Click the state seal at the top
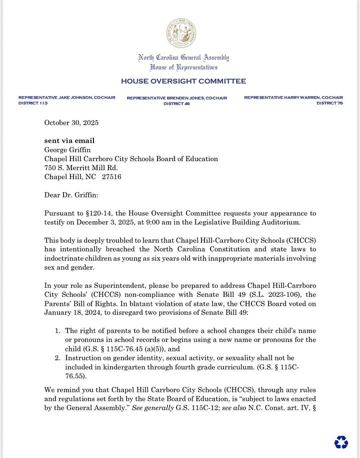point(181,33)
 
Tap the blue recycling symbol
point(341,441)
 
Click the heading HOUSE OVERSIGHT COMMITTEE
point(183,81)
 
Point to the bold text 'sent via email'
point(69,141)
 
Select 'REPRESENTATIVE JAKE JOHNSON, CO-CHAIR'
point(66,97)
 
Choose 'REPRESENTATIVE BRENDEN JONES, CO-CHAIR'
point(176,98)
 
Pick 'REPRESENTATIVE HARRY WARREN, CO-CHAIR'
point(293,97)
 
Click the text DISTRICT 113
point(32,103)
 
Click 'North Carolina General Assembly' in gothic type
point(183,58)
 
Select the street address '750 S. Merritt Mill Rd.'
point(80,168)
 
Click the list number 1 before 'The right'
point(57,331)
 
